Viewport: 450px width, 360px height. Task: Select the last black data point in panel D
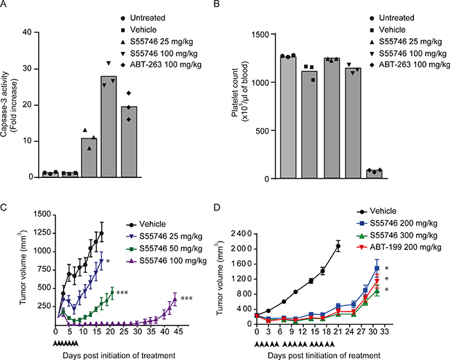[x=338, y=245]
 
